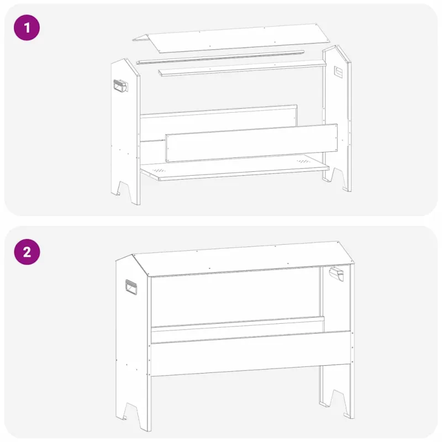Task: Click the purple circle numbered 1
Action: [27, 28]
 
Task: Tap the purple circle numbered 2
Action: [27, 252]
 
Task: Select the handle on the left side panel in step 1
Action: [120, 86]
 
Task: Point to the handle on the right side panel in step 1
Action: [338, 72]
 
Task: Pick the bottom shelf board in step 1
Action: [234, 167]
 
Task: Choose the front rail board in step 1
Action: [251, 143]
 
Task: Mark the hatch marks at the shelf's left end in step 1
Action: [159, 170]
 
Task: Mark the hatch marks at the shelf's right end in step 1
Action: [303, 161]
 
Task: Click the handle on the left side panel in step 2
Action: [131, 287]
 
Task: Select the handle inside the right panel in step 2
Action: [336, 273]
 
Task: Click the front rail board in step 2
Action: [251, 354]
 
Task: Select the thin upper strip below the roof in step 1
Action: [220, 57]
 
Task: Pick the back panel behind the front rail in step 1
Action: [218, 123]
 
